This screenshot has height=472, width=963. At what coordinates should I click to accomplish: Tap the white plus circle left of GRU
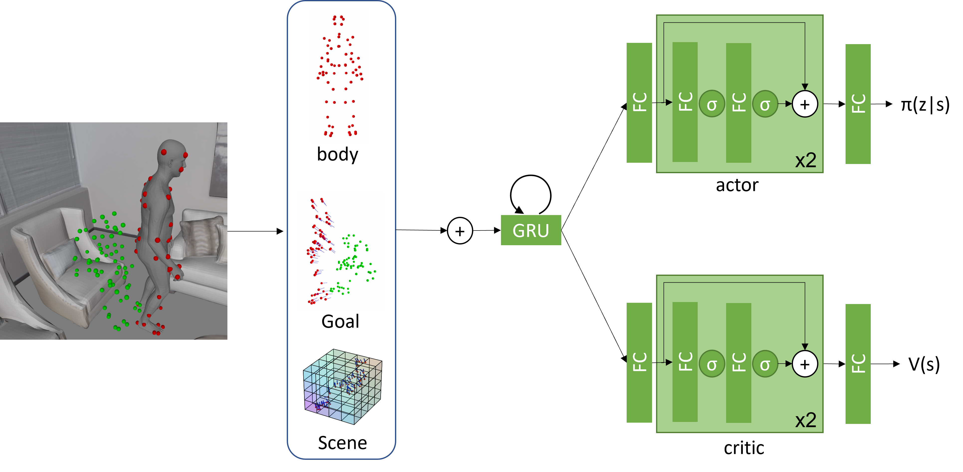coord(460,231)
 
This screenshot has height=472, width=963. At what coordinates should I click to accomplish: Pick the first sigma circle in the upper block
coord(712,104)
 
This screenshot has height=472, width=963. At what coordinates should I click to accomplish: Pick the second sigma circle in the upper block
coord(765,104)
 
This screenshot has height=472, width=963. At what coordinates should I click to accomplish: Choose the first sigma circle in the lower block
coord(712,364)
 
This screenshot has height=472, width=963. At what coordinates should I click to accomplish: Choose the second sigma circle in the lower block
coord(765,364)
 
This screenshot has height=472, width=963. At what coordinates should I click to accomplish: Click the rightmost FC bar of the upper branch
coord(858,104)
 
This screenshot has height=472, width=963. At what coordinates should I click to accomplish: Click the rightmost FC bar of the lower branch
coord(858,364)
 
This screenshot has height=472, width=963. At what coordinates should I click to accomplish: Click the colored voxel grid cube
coord(342,387)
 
